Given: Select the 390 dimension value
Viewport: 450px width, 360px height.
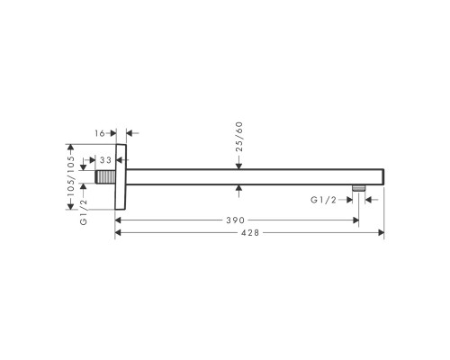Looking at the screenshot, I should (236, 219).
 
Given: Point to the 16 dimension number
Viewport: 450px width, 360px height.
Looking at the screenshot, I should (100, 131).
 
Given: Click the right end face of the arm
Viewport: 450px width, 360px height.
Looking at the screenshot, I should (383, 175).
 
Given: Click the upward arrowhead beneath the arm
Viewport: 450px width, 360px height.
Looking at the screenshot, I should (238, 188).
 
